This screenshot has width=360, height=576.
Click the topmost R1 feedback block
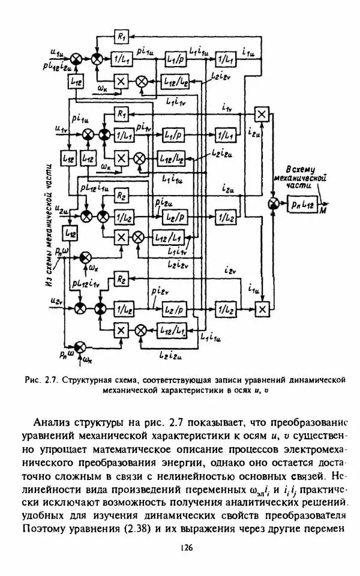(x=122, y=37)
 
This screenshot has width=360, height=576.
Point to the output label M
(x=324, y=211)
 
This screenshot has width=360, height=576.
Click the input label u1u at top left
(x=58, y=52)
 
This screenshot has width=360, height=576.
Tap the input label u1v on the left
(x=60, y=128)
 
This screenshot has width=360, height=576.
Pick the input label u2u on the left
(x=59, y=208)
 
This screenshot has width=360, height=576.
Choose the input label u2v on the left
(x=57, y=299)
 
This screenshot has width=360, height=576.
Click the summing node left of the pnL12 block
(x=274, y=204)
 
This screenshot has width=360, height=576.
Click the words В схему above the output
(x=298, y=169)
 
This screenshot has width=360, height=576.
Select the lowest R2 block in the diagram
(x=122, y=279)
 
